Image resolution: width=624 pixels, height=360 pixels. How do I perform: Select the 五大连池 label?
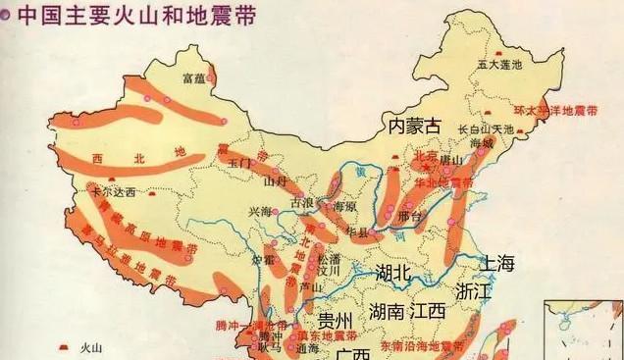(x=499, y=64)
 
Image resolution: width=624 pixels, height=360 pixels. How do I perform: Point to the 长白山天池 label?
(x=487, y=129)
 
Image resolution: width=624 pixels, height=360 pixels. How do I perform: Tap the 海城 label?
(x=484, y=143)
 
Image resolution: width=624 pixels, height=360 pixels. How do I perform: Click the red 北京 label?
(x=426, y=155)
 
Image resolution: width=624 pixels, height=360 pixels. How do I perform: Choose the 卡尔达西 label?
(x=109, y=193)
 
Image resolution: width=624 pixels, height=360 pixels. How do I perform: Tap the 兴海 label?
(x=259, y=211)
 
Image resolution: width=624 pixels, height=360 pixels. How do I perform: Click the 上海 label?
(x=495, y=263)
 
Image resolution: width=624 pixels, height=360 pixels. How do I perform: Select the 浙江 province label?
(x=473, y=291)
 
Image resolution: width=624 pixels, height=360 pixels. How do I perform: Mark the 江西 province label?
(x=428, y=311)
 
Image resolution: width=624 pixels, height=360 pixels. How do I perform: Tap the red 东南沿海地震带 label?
(x=423, y=346)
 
